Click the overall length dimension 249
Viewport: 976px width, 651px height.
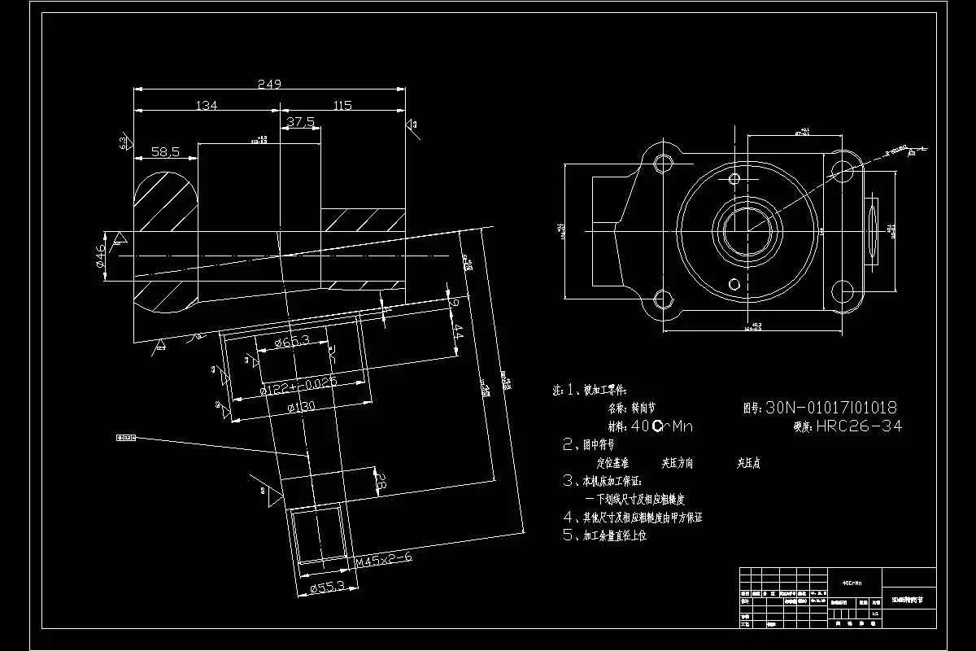click(x=268, y=83)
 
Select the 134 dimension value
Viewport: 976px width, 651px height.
click(x=207, y=105)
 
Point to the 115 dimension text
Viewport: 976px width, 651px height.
click(x=342, y=105)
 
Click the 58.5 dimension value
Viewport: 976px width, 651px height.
click(x=165, y=152)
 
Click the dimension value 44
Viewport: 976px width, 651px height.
click(x=458, y=332)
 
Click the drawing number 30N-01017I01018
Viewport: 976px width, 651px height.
click(x=831, y=407)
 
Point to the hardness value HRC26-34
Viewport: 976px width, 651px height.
click(x=859, y=426)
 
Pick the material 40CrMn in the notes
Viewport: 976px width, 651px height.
click(x=662, y=426)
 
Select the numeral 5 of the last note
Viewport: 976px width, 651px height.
click(x=569, y=535)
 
